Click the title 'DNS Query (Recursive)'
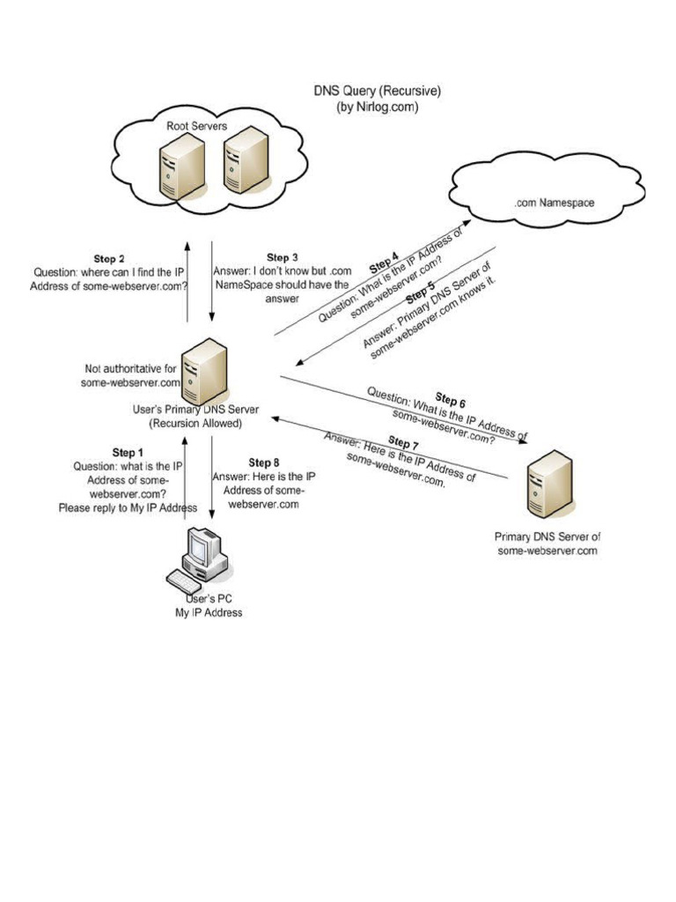(378, 91)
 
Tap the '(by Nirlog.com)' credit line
(378, 107)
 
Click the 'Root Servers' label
(197, 126)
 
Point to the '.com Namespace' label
(554, 203)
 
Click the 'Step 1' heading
(128, 453)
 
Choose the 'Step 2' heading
(109, 259)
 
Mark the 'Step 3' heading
(283, 257)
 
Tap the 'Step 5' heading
(420, 292)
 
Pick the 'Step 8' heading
(264, 462)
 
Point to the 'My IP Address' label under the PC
(209, 612)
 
